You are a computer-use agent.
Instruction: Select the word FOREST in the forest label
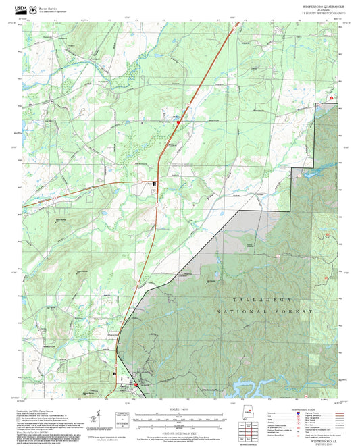point(297,312)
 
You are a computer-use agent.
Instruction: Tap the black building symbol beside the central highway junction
point(155,184)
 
